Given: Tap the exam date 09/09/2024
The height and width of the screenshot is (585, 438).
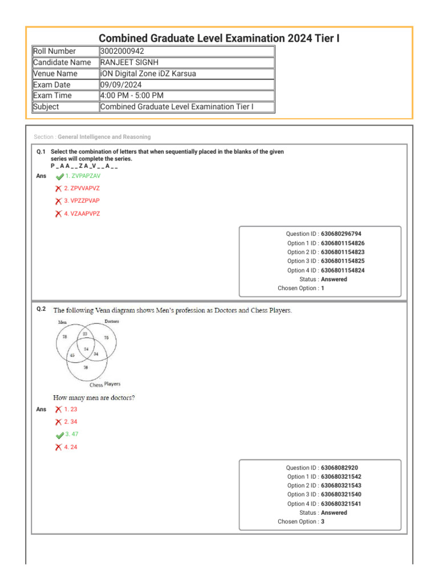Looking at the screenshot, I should (121, 85).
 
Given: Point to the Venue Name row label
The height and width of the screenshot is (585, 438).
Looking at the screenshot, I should (55, 73).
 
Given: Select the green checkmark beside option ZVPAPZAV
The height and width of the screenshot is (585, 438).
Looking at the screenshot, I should (60, 177).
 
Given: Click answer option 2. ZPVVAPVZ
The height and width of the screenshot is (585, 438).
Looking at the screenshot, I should (82, 188).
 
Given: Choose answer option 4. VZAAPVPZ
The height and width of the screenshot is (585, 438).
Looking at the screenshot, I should (82, 214).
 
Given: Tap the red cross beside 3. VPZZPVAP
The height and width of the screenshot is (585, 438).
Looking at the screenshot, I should (58, 201).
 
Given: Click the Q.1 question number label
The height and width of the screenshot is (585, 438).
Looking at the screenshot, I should (40, 152).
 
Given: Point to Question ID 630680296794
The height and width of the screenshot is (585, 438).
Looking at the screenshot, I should (341, 234).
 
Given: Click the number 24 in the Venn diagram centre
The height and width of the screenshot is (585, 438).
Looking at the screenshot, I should (86, 348).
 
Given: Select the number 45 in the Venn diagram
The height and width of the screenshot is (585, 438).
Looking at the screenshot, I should (72, 355).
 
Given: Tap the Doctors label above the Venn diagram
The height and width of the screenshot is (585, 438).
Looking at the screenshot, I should (112, 322).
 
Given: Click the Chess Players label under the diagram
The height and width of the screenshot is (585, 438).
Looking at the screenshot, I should (105, 384).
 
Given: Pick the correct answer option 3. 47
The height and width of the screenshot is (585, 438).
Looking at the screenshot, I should (71, 435).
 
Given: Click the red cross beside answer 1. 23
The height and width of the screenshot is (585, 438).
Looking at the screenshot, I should (58, 410).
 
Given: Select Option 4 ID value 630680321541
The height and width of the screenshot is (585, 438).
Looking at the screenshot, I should (341, 504).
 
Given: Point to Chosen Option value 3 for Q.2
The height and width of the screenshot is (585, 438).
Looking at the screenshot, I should (323, 522).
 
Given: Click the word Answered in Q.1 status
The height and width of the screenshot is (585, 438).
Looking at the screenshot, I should (334, 279).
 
